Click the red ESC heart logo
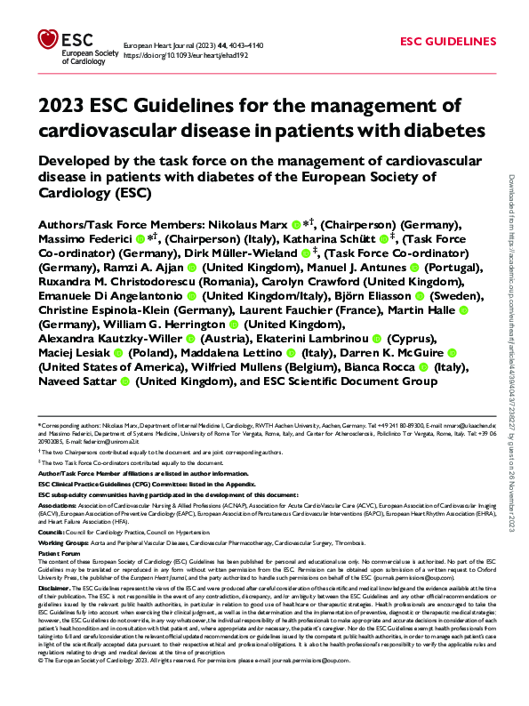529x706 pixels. click(46, 38)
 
